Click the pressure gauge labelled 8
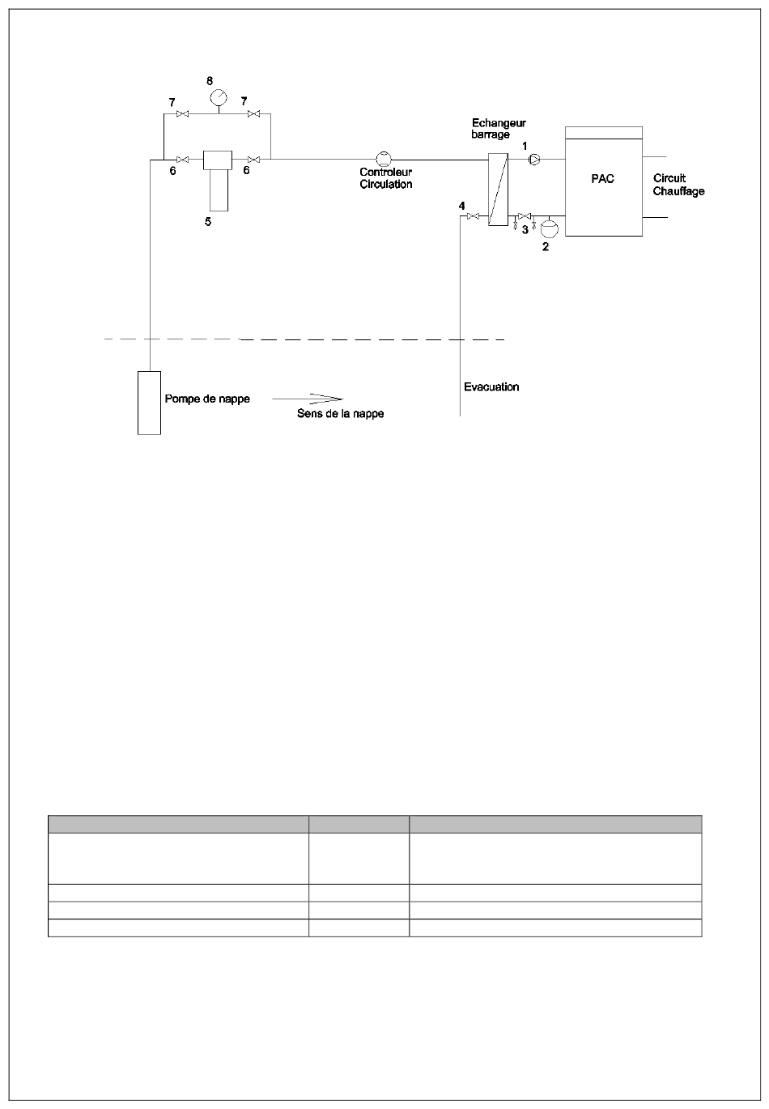pos(219,97)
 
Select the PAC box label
pos(602,179)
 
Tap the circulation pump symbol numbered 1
pos(534,159)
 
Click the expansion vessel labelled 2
pos(550,228)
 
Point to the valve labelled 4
pos(473,216)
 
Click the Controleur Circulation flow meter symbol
pos(384,159)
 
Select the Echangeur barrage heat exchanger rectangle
pos(498,189)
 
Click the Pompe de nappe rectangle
pos(149,403)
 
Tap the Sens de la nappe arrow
pos(308,399)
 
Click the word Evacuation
pos(491,386)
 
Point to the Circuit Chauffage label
pos(678,185)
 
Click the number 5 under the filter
pos(208,222)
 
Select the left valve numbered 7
pos(183,114)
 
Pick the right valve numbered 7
pos(254,114)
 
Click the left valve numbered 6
pos(183,160)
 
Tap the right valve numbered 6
pos(254,160)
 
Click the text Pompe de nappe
pos(207,399)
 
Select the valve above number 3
pos(524,215)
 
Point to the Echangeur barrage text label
pos(499,128)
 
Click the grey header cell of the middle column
pos(359,824)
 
